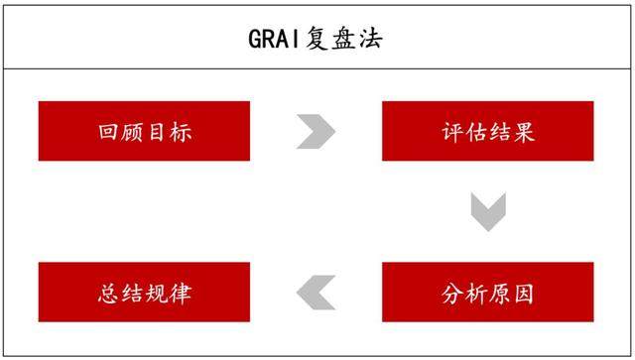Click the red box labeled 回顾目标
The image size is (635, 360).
[144, 131]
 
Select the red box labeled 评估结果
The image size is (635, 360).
[487, 131]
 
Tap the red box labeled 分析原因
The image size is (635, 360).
[487, 293]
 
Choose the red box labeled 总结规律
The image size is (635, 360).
[144, 293]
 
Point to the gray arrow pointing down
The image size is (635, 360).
[488, 212]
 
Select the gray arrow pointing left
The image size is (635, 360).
[316, 292]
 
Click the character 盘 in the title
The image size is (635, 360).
[345, 39]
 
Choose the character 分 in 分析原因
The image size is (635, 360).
[452, 294]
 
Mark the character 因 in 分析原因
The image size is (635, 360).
[524, 294]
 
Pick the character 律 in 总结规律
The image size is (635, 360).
[180, 294]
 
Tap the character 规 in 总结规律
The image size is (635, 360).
[157, 294]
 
